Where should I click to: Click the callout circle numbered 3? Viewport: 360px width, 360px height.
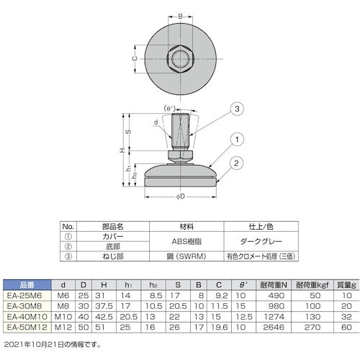pos(234,109)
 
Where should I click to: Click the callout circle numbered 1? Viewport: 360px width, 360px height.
pos(234,138)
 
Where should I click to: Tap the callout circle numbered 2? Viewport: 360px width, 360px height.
pos(234,163)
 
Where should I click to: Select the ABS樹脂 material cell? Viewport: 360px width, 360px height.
pos(181,234)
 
